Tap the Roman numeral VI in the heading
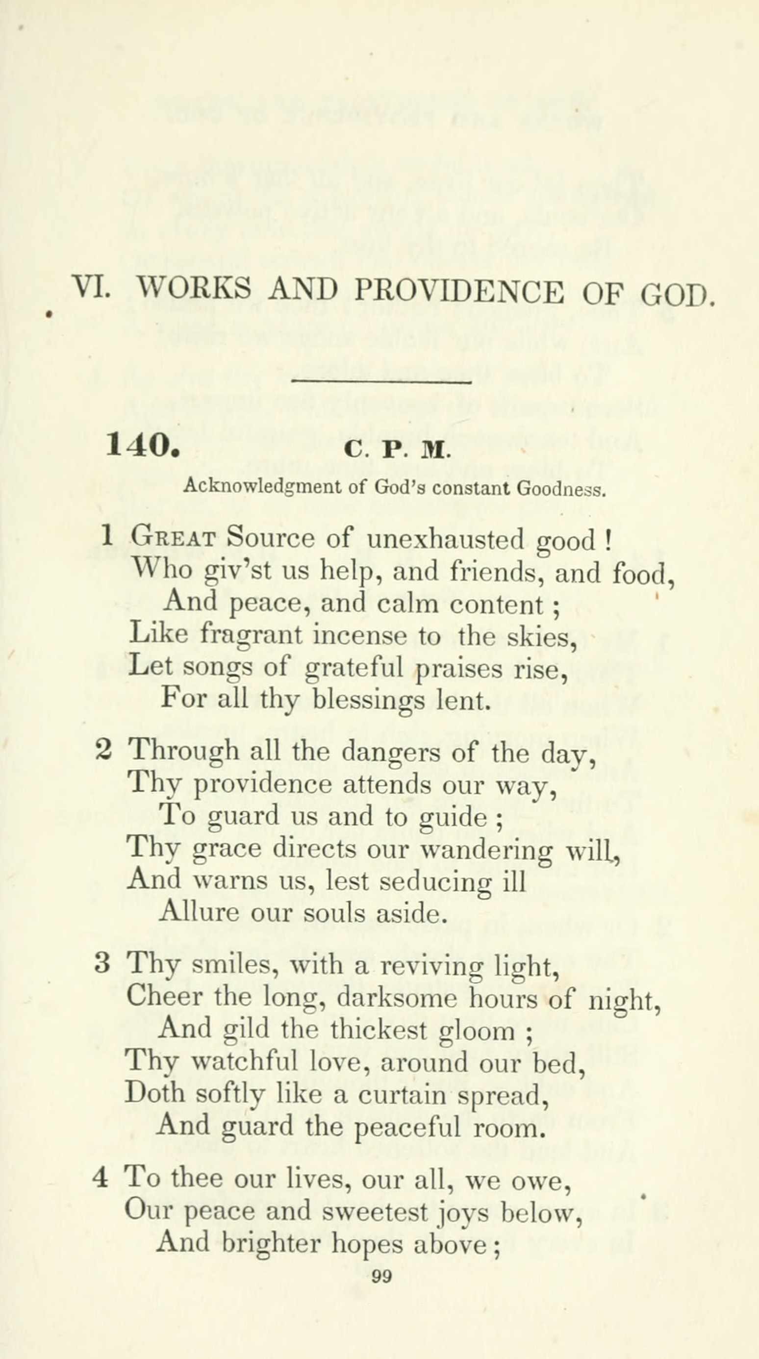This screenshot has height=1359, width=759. pyautogui.click(x=91, y=287)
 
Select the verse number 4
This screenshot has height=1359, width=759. pyautogui.click(x=100, y=1179)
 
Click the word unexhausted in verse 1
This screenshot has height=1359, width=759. pyautogui.click(x=445, y=539)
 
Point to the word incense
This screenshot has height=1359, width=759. pyautogui.click(x=359, y=635)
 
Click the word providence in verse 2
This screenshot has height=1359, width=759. pyautogui.click(x=263, y=784)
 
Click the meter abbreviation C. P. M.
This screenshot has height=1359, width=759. pyautogui.click(x=397, y=450)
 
